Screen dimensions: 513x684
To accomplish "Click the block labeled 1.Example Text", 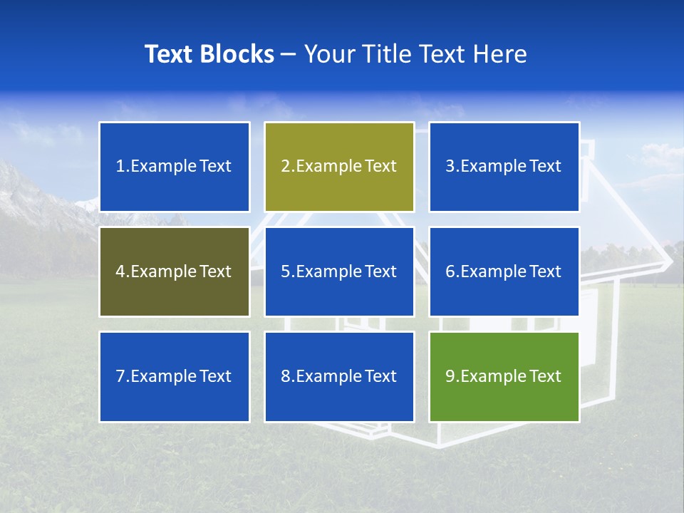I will [174, 167].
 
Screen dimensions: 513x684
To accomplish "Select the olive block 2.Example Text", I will [339, 167].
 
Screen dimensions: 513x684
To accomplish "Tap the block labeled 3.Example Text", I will [504, 167].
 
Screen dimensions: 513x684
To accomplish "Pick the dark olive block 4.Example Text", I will [174, 271].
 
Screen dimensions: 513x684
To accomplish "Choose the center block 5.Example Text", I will [339, 271].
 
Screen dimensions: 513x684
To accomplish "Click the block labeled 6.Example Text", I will [504, 271].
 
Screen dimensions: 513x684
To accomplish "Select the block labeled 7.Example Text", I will [174, 376].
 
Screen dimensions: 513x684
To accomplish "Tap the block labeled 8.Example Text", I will [339, 376].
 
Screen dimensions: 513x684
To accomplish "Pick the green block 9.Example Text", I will [504, 376].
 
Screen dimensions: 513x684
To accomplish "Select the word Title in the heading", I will [386, 54].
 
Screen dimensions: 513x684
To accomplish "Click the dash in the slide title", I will [289, 54].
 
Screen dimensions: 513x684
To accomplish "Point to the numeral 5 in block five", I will [285, 271].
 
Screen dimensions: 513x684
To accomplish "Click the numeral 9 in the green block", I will [450, 376].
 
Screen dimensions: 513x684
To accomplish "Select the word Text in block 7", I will [215, 376].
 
